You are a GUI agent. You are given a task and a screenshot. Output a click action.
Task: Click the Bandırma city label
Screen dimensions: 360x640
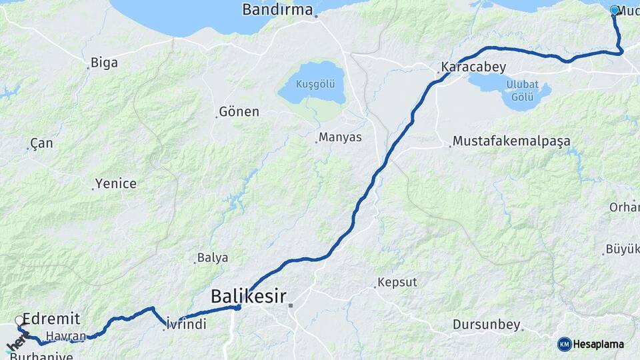(x=277, y=9)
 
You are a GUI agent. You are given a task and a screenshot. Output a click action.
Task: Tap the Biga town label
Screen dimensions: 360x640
(x=104, y=63)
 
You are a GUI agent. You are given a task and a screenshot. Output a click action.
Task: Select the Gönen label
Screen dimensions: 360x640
(x=239, y=111)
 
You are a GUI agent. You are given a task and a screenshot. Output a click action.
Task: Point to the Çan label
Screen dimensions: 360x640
(x=41, y=143)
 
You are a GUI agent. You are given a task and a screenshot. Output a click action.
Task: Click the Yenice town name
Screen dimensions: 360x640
(x=115, y=183)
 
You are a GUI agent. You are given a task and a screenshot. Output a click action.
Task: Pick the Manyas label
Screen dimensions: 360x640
(x=340, y=137)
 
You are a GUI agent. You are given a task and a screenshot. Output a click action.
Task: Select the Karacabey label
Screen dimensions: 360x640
(x=473, y=67)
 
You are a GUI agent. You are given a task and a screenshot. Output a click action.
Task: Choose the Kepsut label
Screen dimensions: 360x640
(x=397, y=282)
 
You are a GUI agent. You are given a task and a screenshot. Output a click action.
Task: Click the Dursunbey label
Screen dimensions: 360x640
(x=486, y=325)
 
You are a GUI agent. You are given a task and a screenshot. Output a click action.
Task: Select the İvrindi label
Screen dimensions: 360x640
(x=187, y=324)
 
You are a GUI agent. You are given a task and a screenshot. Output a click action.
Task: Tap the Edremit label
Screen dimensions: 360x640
(x=51, y=318)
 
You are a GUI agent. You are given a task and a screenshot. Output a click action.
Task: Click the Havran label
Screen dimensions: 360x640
(x=67, y=336)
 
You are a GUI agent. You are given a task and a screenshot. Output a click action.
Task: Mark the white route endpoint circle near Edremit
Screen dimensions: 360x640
(x=19, y=321)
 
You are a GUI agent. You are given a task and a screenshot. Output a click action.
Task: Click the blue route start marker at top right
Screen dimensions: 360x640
(x=615, y=10)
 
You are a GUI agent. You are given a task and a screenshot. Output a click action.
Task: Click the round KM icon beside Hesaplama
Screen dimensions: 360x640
(x=564, y=344)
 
